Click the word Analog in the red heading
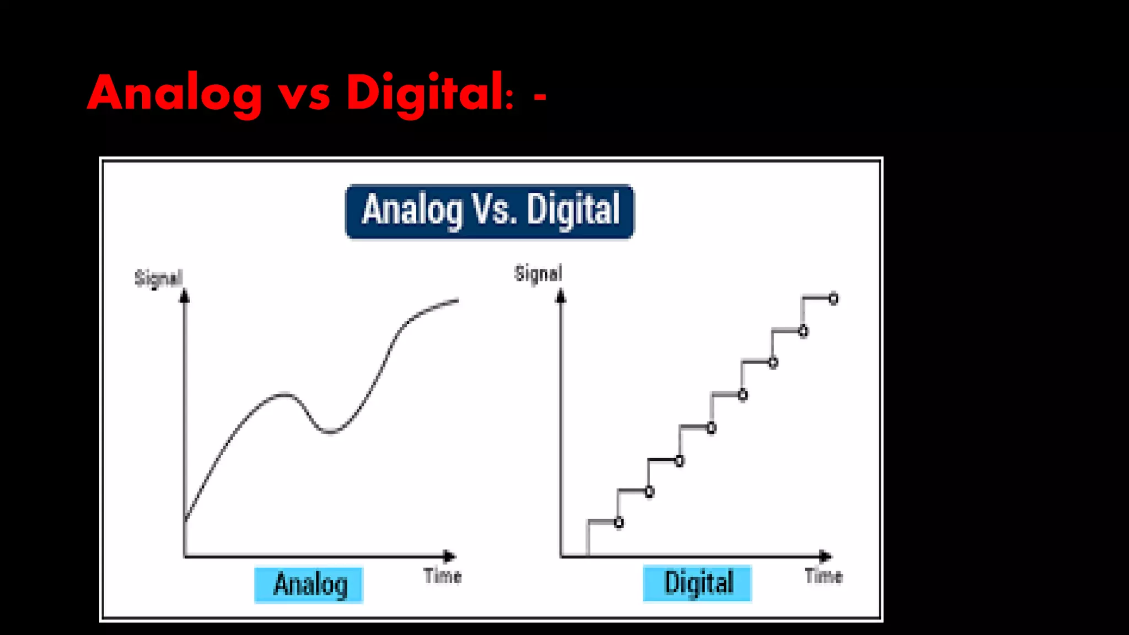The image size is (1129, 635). pyautogui.click(x=174, y=94)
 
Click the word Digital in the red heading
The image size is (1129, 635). pyautogui.click(x=424, y=94)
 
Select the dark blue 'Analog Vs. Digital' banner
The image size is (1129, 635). pyautogui.click(x=490, y=211)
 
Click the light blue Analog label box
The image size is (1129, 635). pyautogui.click(x=309, y=584)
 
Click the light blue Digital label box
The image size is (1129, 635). pyautogui.click(x=697, y=583)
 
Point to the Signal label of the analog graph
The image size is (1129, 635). pyautogui.click(x=158, y=278)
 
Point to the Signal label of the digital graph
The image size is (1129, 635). pyautogui.click(x=538, y=273)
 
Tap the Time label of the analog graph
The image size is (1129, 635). pyautogui.click(x=443, y=576)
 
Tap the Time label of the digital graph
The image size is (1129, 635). pyautogui.click(x=824, y=576)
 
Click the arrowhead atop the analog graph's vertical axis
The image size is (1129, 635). pyautogui.click(x=185, y=297)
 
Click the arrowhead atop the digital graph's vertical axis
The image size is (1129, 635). pyautogui.click(x=561, y=297)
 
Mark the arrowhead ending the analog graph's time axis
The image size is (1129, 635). pyautogui.click(x=449, y=556)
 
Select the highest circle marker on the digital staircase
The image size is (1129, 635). pyautogui.click(x=834, y=299)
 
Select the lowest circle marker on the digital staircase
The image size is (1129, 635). pyautogui.click(x=619, y=523)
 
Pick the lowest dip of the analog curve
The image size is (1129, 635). pyautogui.click(x=330, y=432)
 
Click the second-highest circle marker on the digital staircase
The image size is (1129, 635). pyautogui.click(x=803, y=331)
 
